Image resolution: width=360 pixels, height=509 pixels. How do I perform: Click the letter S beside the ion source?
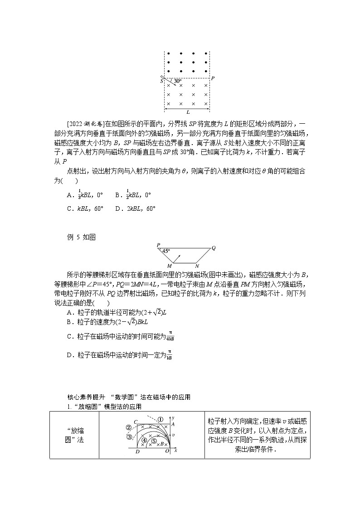coord(161,81)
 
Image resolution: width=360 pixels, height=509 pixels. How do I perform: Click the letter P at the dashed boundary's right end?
coord(213,78)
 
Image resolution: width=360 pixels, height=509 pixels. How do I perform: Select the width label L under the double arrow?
coord(187,112)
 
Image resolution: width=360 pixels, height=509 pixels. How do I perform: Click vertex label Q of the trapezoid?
coord(214,247)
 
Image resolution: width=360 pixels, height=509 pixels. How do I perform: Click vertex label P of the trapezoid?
coord(158,245)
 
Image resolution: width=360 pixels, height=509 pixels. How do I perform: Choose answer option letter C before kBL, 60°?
coord(69,208)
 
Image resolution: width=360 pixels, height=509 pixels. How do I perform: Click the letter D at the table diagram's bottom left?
coord(138,451)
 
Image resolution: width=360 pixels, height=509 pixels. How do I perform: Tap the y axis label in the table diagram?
coord(174,417)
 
